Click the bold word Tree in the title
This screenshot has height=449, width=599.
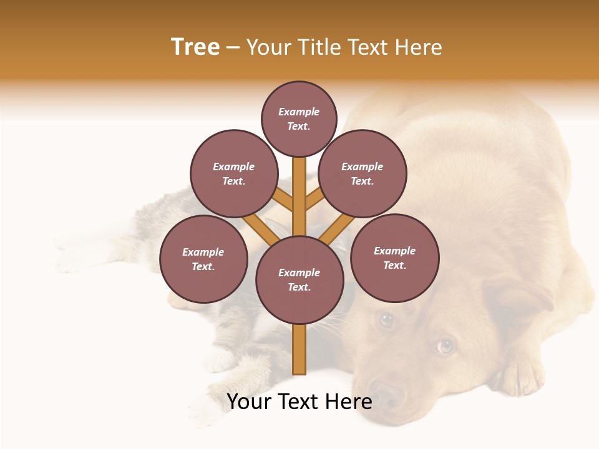pyautogui.click(x=195, y=47)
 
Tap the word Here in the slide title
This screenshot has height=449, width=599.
pyautogui.click(x=418, y=47)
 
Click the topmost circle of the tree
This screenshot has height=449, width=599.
pyautogui.click(x=299, y=118)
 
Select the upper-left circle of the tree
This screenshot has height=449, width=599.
pyautogui.click(x=233, y=173)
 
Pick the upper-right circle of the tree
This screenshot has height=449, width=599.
pyautogui.click(x=363, y=173)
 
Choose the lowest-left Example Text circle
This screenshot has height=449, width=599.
pyautogui.click(x=203, y=259)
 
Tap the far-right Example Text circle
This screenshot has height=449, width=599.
pyautogui.click(x=394, y=258)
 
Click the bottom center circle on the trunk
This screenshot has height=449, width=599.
pyautogui.click(x=299, y=279)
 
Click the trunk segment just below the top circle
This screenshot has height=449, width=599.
pyautogui.click(x=299, y=181)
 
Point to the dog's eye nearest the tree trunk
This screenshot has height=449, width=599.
pyautogui.click(x=387, y=320)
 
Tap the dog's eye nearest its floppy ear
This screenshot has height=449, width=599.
pyautogui.click(x=444, y=345)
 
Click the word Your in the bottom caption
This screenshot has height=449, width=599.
pyautogui.click(x=248, y=402)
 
